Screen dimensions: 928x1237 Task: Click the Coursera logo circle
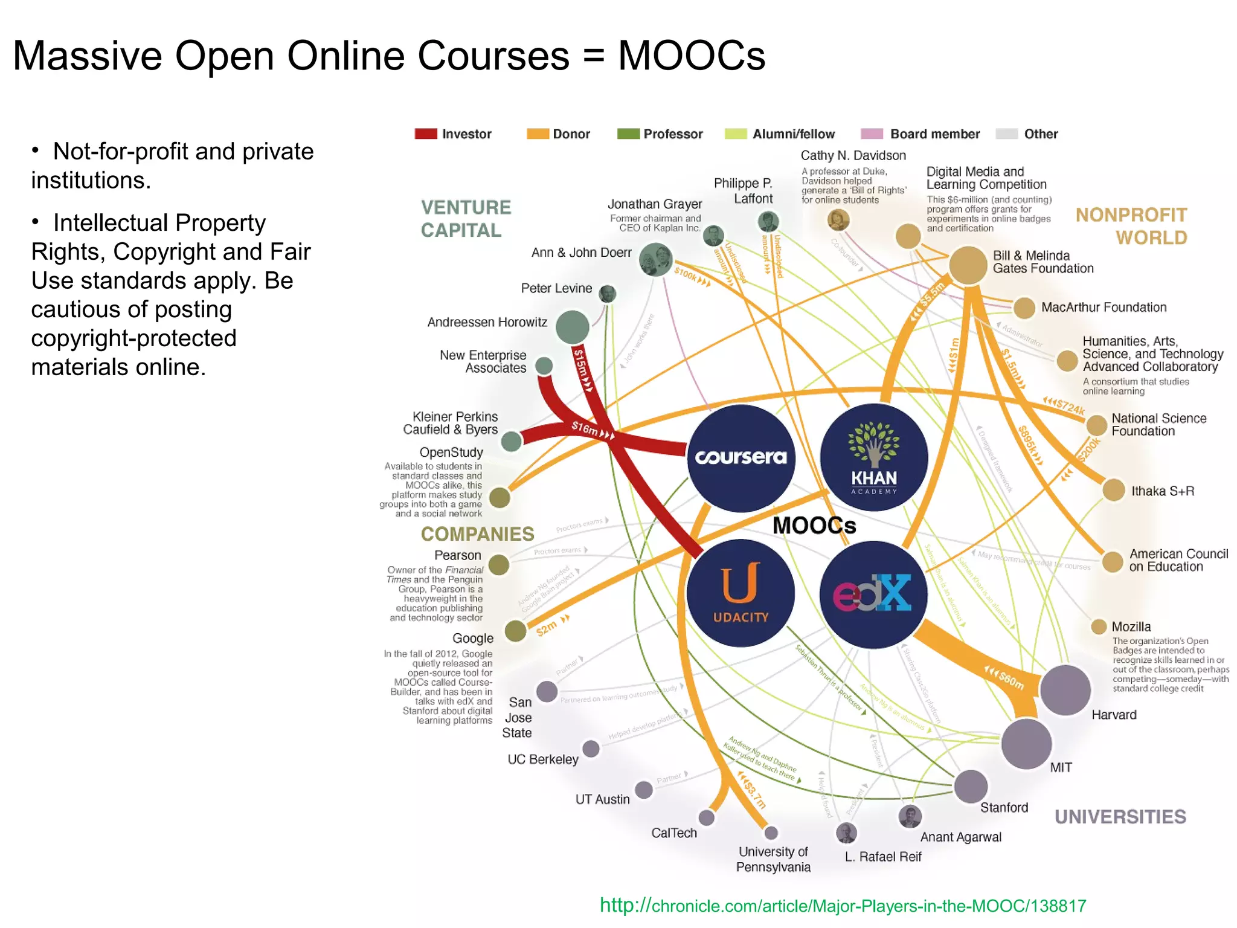click(741, 457)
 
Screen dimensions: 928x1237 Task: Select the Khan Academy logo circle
click(873, 457)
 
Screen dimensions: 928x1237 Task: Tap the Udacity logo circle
click(741, 593)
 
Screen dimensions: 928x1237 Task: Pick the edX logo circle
click(873, 594)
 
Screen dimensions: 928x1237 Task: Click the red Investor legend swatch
click(426, 134)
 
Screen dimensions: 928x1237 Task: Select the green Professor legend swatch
click(628, 134)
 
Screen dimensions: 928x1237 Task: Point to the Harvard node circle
click(1065, 690)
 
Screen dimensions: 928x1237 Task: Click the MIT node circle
click(1026, 744)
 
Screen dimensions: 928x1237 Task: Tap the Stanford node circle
click(971, 787)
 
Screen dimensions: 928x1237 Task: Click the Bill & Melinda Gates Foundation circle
click(968, 265)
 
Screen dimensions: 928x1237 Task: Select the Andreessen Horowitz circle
click(572, 327)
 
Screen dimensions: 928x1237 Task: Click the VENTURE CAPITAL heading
click(466, 219)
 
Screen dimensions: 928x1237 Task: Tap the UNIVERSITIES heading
click(1120, 817)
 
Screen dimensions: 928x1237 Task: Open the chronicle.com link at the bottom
click(843, 906)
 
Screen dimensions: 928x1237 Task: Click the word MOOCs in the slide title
click(691, 56)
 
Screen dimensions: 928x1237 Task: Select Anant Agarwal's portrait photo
click(910, 816)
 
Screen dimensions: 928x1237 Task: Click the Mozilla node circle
click(1099, 627)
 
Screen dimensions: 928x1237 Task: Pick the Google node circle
click(515, 631)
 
